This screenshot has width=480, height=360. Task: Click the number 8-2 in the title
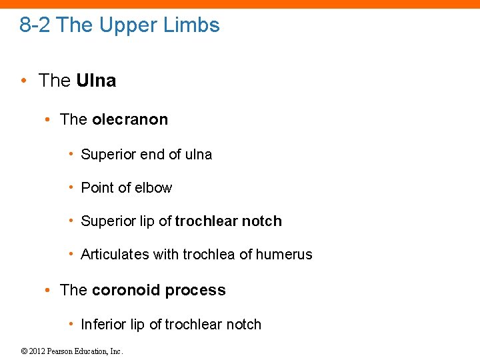click(x=36, y=25)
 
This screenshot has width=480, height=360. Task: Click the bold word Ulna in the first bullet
click(x=96, y=81)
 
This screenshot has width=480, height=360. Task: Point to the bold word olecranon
click(x=130, y=120)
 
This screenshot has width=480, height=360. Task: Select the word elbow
click(x=153, y=188)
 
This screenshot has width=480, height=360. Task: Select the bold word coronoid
click(x=125, y=291)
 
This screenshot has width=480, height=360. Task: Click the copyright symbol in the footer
click(x=23, y=351)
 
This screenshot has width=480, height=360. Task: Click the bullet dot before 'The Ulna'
click(x=24, y=81)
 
